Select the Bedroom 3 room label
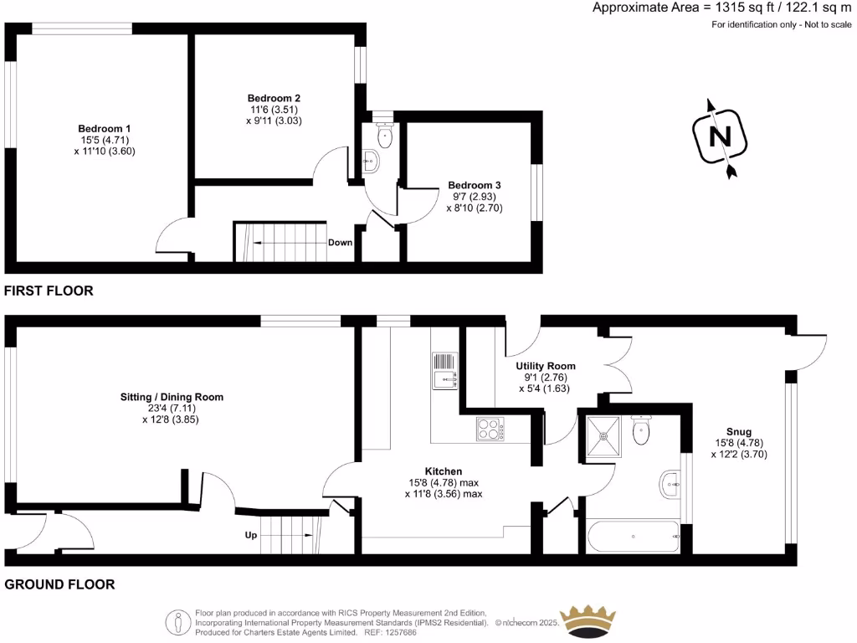click(x=475, y=185)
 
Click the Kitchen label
click(x=444, y=471)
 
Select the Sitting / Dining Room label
click(x=172, y=397)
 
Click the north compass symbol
click(x=719, y=137)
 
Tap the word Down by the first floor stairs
click(x=340, y=243)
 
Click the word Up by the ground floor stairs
click(x=250, y=534)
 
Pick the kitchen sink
click(x=444, y=371)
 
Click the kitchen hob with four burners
click(x=490, y=430)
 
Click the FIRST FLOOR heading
click(x=49, y=291)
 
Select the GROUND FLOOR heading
click(x=59, y=584)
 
